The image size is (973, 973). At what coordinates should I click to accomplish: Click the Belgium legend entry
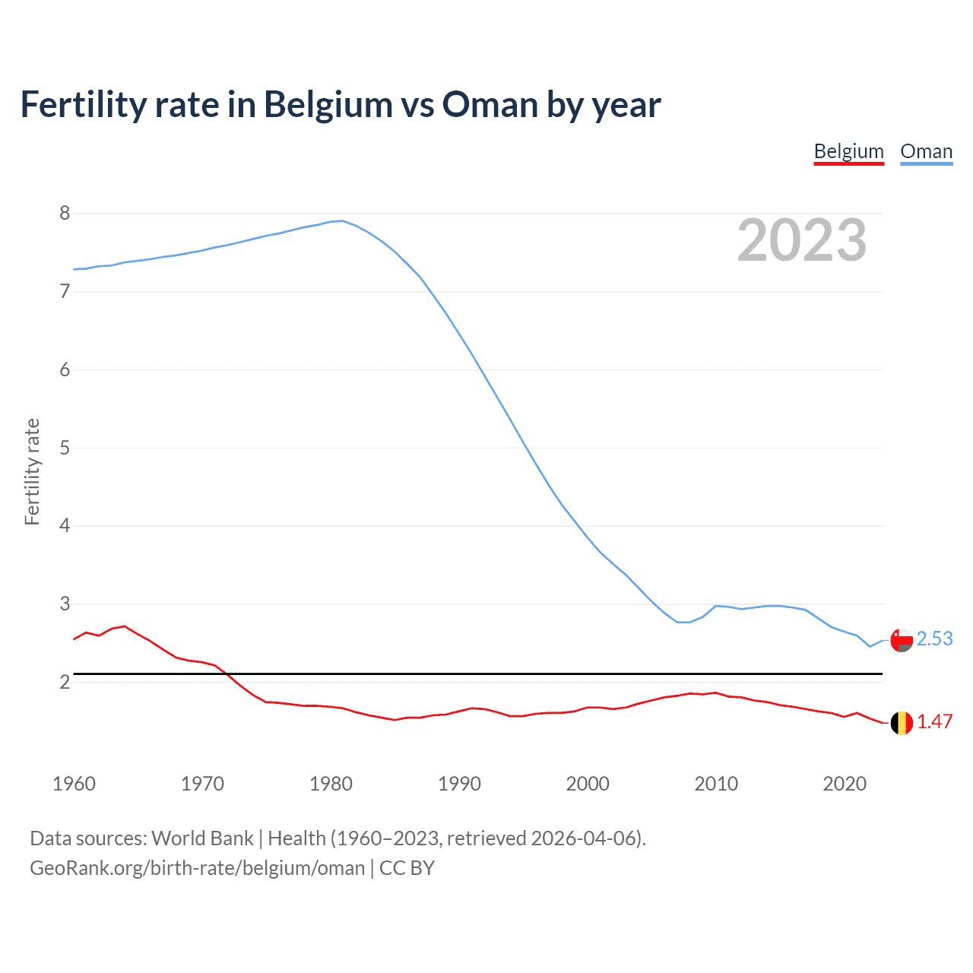[x=848, y=151]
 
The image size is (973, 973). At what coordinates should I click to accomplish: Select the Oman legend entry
[x=926, y=151]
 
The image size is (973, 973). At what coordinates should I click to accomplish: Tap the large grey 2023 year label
[x=801, y=240]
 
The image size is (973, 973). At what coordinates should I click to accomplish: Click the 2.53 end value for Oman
[x=934, y=639]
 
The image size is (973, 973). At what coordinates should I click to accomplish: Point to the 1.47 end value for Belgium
[x=934, y=721]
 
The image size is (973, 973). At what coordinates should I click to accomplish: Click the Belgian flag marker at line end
[x=902, y=723]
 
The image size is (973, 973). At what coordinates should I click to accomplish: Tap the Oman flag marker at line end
[x=902, y=640]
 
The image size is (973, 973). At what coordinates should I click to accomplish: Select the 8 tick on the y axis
[x=65, y=213]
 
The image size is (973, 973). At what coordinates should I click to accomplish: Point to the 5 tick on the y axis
[x=65, y=448]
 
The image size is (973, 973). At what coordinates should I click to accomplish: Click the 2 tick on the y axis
[x=65, y=682]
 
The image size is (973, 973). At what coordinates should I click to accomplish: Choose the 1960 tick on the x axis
[x=74, y=784]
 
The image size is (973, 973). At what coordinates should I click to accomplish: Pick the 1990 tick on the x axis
[x=459, y=784]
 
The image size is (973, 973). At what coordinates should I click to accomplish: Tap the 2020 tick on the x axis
[x=845, y=784]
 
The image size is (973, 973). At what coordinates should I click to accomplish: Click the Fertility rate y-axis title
[x=32, y=471]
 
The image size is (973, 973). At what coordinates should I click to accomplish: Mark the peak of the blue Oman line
[x=342, y=220]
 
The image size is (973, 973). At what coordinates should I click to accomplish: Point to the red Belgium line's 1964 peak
[x=125, y=626]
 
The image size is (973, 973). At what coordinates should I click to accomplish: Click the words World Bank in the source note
[x=202, y=838]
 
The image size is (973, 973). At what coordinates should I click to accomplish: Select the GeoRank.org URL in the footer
[x=197, y=868]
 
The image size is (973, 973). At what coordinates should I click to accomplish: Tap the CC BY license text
[x=407, y=868]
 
